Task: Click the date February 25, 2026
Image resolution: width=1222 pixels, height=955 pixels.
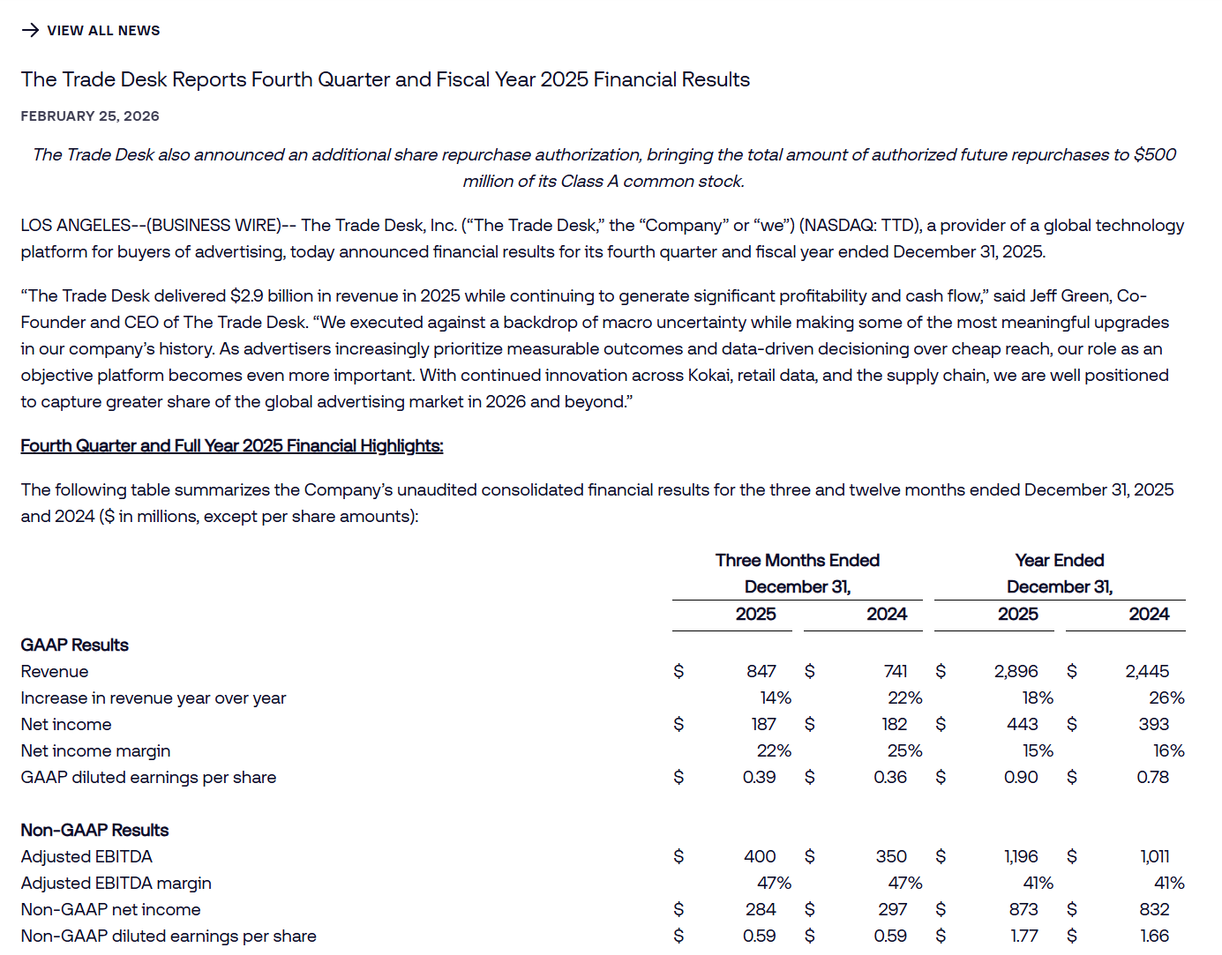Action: (90, 116)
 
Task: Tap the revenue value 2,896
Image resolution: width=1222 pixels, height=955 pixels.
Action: (1016, 672)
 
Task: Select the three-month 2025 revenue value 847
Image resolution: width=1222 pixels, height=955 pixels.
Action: (761, 672)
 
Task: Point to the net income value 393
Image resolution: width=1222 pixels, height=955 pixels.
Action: (1153, 725)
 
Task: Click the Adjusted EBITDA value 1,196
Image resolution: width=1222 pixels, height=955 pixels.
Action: (1021, 857)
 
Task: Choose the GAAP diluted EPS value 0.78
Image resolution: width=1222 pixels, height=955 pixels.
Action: (1152, 778)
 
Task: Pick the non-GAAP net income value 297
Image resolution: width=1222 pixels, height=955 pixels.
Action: (892, 910)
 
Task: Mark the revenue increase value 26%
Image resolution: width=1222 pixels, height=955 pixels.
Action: (1166, 698)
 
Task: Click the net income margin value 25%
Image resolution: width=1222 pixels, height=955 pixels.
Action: (904, 751)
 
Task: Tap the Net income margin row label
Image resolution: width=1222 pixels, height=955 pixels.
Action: (95, 751)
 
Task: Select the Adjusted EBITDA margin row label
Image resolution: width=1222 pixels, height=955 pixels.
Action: (116, 884)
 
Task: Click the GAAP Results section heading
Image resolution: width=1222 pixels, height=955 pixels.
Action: (74, 645)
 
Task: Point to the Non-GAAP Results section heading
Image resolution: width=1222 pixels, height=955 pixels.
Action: (94, 831)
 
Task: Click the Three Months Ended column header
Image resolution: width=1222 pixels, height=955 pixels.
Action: (797, 561)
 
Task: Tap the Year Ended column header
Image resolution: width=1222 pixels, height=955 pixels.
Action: (1059, 561)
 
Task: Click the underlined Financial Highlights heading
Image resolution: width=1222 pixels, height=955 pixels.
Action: (231, 446)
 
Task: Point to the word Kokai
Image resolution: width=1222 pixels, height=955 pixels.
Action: (706, 376)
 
